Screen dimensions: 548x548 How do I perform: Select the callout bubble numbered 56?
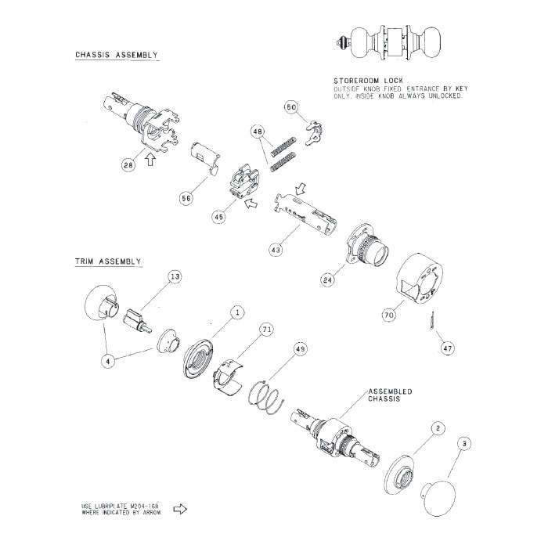coord(186,199)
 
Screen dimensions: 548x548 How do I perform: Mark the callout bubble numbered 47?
coord(447,348)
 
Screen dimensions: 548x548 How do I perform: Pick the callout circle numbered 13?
coord(175,277)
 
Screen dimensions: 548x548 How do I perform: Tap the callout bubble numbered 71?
coord(266,330)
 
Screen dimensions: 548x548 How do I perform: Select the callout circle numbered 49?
coord(300,348)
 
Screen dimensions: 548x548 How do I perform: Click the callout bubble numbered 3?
coord(466,445)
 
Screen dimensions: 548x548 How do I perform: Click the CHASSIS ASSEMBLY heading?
coord(117,56)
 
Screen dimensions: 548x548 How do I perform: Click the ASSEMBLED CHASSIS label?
coord(390,395)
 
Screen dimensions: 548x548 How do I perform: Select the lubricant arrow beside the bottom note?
coord(179,510)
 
